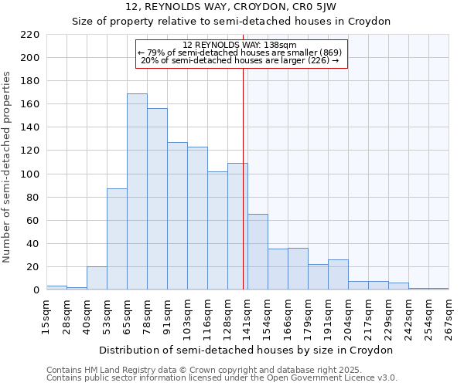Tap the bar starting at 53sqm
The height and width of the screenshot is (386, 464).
click(117, 239)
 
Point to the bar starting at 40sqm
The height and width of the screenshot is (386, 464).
click(97, 278)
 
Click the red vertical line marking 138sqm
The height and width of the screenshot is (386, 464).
click(244, 193)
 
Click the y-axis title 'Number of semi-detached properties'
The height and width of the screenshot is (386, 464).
click(8, 167)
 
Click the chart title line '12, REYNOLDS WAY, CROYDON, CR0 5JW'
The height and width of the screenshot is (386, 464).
click(231, 7)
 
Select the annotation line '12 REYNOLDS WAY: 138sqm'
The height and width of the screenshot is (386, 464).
click(241, 46)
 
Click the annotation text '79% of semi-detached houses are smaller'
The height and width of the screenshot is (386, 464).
click(241, 52)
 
